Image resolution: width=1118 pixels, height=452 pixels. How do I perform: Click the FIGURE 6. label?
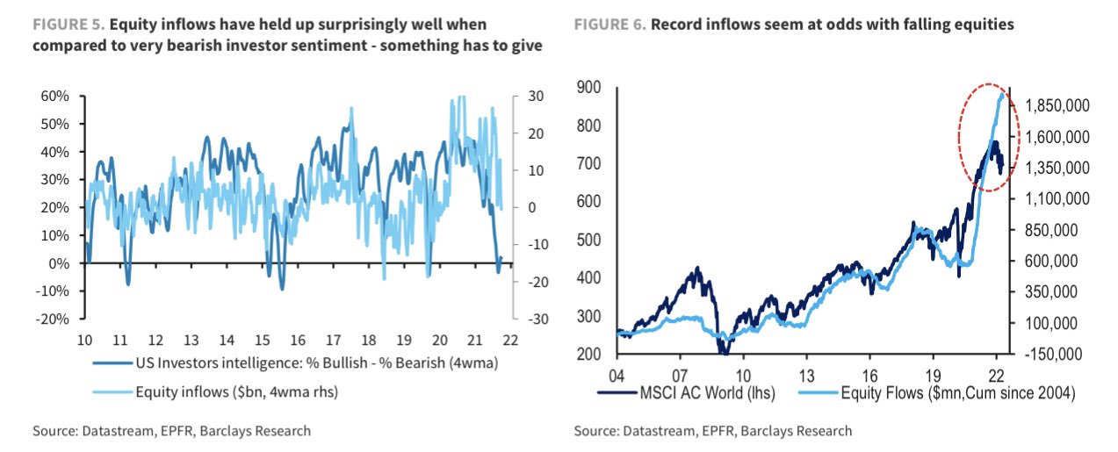tap(609, 25)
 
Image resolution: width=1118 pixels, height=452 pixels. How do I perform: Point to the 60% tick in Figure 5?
tap(55, 96)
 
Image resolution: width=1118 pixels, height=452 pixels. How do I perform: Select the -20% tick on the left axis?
tap(53, 319)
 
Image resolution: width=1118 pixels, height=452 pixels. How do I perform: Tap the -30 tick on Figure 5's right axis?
tap(534, 319)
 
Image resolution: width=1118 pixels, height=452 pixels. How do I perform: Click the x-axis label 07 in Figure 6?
tap(681, 373)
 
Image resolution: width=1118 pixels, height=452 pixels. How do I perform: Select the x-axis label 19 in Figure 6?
tap(934, 373)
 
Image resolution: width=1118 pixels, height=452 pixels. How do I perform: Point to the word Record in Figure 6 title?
tap(676, 25)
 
